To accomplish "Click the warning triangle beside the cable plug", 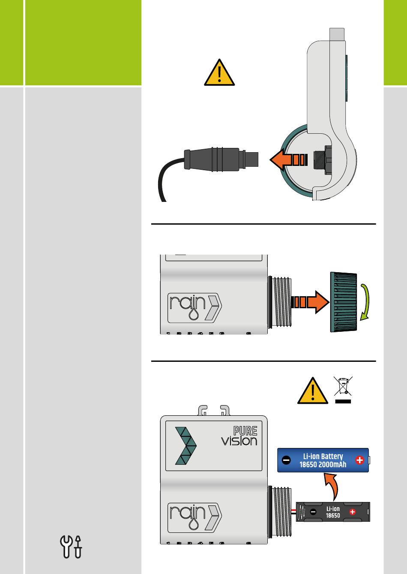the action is (219, 73).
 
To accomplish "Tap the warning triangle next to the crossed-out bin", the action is (312, 391).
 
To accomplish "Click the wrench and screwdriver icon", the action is (71, 547).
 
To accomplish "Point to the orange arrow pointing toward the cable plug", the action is (288, 159).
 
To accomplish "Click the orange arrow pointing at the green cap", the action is (311, 302).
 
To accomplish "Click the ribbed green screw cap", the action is (344, 302).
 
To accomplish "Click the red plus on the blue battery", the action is (359, 460).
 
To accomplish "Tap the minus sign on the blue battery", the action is (286, 460).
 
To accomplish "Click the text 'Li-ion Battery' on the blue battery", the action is (323, 456).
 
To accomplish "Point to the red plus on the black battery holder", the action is (353, 512).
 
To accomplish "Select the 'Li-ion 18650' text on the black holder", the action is (333, 512).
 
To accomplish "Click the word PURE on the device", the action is (245, 431).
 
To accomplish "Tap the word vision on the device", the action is (239, 441).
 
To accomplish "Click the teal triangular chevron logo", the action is (186, 446).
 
